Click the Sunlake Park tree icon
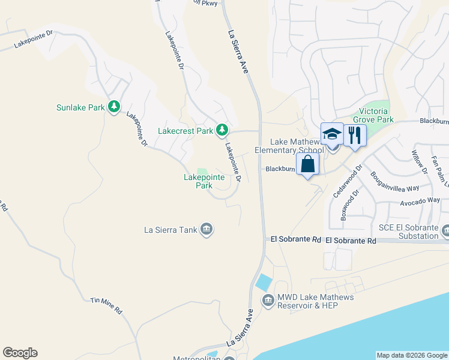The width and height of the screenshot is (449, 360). point(113,107)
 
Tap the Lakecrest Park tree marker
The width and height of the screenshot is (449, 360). point(222,130)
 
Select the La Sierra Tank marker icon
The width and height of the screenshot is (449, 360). point(206,229)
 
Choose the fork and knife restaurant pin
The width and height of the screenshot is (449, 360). point(354,136)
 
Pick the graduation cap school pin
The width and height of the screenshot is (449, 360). point(332,134)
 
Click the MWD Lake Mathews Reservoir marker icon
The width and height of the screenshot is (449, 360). point(267,298)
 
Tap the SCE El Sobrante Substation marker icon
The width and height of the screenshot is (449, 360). point(445,230)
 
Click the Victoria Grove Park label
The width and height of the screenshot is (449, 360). point(376,115)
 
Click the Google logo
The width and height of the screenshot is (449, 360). point(20,353)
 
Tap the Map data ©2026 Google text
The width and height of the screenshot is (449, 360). point(412,355)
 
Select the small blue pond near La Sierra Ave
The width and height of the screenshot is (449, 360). point(262,281)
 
